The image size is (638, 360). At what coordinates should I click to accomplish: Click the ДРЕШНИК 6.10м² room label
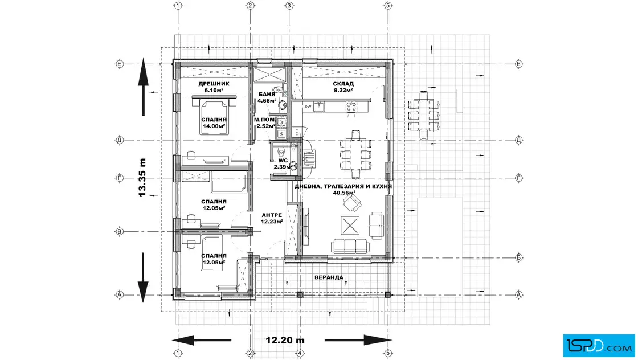pyautogui.click(x=214, y=87)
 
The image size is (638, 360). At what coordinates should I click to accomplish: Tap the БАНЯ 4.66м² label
pyautogui.click(x=267, y=97)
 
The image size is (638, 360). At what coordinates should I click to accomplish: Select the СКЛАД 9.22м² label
pyautogui.click(x=343, y=87)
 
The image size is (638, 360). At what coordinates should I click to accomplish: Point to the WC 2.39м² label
pyautogui.click(x=283, y=163)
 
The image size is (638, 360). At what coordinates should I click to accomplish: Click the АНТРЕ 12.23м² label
pyautogui.click(x=272, y=218)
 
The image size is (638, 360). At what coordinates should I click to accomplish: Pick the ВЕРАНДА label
pyautogui.click(x=329, y=277)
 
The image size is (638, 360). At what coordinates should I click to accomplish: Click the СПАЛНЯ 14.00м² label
pyautogui.click(x=214, y=123)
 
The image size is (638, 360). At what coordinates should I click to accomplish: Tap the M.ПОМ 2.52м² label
pyautogui.click(x=265, y=123)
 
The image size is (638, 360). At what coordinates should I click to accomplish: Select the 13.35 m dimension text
pyautogui.click(x=142, y=178)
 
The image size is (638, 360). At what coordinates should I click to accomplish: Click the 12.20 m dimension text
pyautogui.click(x=285, y=340)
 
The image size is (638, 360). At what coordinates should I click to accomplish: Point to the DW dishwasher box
pyautogui.click(x=308, y=107)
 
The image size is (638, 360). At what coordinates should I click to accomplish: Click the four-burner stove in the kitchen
pyautogui.click(x=351, y=107)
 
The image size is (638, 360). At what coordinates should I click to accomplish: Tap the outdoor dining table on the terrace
pyautogui.click(x=424, y=116)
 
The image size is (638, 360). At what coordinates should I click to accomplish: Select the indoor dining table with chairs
pyautogui.click(x=355, y=154)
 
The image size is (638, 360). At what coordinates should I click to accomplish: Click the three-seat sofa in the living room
pyautogui.click(x=350, y=246)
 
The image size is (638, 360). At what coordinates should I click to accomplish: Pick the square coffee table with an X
pyautogui.click(x=350, y=226)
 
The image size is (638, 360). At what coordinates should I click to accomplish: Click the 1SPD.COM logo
pyautogui.click(x=599, y=346)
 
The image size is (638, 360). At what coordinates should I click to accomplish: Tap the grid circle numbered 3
pyautogui.click(x=289, y=6)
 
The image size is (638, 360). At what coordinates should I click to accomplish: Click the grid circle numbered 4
pyautogui.click(x=300, y=354)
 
